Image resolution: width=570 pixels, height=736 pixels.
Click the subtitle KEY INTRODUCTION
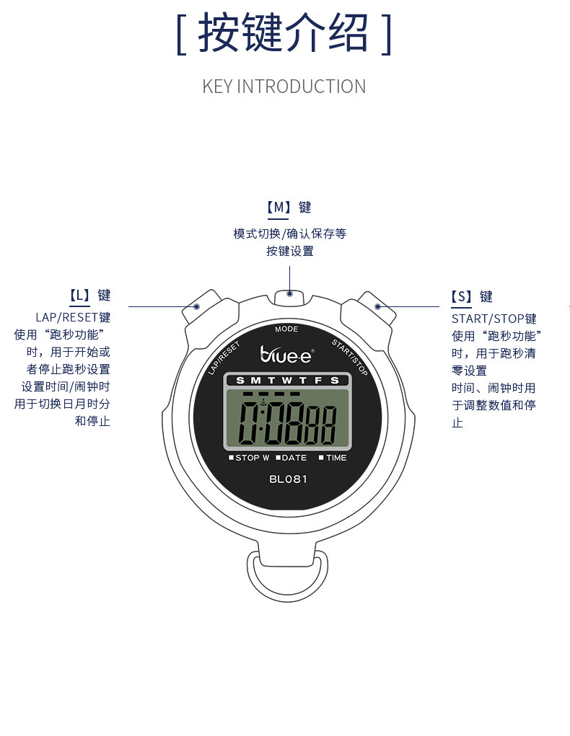[x=284, y=87]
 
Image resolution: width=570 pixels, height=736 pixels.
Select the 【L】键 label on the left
[x=89, y=296]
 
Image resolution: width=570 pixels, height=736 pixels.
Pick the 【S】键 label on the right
[x=472, y=297]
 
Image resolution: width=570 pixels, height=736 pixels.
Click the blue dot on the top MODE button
[x=289, y=293]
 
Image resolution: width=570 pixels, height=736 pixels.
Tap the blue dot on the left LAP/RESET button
[x=197, y=306]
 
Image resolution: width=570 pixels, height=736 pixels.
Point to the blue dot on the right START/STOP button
[x=377, y=306]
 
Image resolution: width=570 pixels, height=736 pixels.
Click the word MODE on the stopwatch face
[x=286, y=329]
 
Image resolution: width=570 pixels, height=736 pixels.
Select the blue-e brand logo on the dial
[x=286, y=353]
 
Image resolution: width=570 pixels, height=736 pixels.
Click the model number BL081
[x=288, y=479]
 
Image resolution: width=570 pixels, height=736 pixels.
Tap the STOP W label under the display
[x=250, y=458]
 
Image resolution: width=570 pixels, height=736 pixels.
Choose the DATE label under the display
[x=291, y=458]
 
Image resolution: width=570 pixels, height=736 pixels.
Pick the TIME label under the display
[x=333, y=458]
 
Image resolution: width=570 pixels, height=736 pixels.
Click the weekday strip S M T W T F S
[x=287, y=380]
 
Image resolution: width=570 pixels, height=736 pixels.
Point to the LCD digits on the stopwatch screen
[x=287, y=425]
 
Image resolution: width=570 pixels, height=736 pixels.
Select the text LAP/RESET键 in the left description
[x=73, y=317]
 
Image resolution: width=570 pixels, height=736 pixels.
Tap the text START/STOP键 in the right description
[x=494, y=319]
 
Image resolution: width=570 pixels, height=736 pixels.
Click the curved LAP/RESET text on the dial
[x=223, y=357]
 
